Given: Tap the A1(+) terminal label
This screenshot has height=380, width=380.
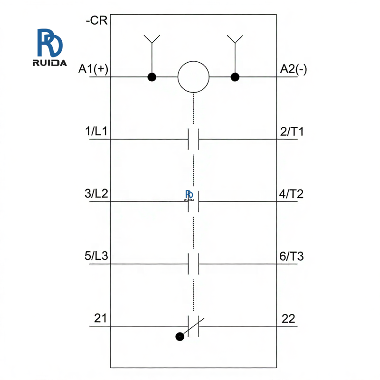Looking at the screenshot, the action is tap(94, 69).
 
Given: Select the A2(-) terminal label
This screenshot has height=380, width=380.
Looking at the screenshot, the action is tap(293, 69).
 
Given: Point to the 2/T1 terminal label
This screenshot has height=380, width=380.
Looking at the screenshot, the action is tap(292, 132).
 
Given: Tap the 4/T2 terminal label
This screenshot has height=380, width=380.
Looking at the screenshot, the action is tap(292, 194).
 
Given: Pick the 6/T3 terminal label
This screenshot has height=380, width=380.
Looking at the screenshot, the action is tap(292, 256).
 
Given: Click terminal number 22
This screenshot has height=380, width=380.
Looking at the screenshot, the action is tap(288, 319).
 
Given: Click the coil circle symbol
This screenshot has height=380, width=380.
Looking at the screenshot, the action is tap(193, 76).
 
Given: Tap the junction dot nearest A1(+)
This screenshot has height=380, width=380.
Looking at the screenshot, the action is tap(152, 76).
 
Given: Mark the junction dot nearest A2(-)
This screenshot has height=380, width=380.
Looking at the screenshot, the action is tap(234, 76).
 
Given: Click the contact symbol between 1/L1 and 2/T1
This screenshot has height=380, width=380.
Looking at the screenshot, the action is tap(193, 139).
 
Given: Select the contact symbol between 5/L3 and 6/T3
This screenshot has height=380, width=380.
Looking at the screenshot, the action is tap(193, 264).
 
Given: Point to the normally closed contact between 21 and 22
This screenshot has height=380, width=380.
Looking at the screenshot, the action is tap(194, 326).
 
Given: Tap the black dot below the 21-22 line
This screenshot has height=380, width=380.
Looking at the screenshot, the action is tap(179, 337).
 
